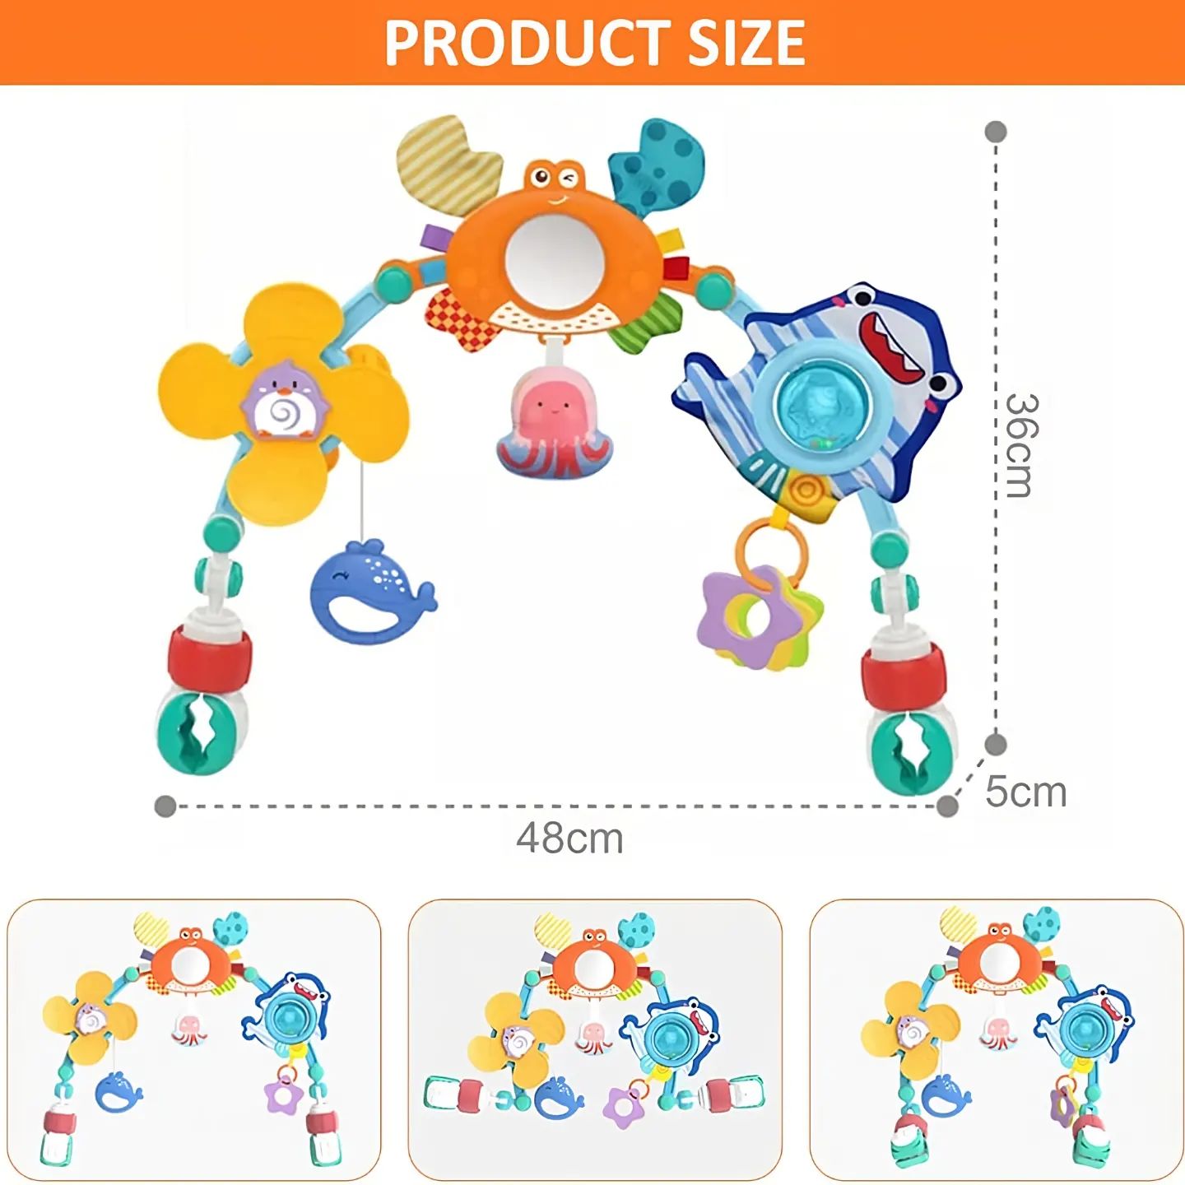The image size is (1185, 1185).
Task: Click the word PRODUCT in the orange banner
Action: click(527, 42)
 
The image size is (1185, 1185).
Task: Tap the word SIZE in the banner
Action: click(746, 42)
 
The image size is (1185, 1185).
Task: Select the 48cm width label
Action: click(569, 839)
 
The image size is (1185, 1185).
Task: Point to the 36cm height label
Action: click(1022, 445)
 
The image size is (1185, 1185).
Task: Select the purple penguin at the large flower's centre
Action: click(286, 408)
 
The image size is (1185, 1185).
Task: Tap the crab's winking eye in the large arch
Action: click(570, 179)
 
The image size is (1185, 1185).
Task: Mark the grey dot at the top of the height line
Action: click(996, 132)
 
